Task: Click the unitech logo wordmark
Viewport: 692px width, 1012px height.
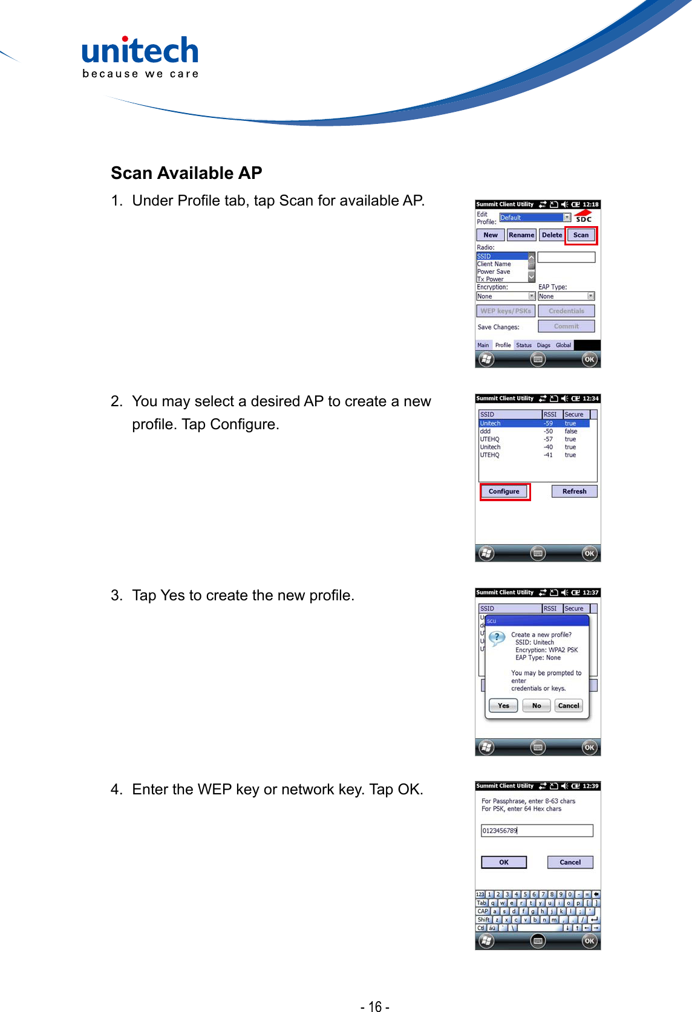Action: [140, 52]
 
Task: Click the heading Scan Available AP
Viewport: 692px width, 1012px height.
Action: [186, 174]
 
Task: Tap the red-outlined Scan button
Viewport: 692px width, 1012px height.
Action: [581, 235]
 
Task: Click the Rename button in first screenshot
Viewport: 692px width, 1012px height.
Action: [521, 235]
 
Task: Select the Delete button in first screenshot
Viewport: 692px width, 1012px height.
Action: [552, 235]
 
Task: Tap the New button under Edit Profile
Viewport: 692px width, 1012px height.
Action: [491, 235]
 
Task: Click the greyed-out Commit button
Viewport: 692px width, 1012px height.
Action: [566, 326]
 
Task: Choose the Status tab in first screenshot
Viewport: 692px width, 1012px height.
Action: [524, 345]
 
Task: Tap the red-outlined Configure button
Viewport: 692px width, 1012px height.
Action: [504, 491]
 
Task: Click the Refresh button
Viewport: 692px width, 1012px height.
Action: [574, 491]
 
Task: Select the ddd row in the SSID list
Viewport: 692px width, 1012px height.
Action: [486, 432]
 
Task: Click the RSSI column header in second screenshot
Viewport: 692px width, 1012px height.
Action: [551, 415]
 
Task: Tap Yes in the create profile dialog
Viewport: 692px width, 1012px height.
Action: [503, 705]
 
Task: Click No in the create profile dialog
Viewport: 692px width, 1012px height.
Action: [537, 705]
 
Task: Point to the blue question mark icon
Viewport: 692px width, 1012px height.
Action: [497, 638]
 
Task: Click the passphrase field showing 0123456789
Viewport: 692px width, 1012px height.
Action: [537, 831]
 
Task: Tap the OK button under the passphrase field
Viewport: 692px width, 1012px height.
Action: [504, 863]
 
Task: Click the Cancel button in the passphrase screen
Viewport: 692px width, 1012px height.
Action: [570, 863]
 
